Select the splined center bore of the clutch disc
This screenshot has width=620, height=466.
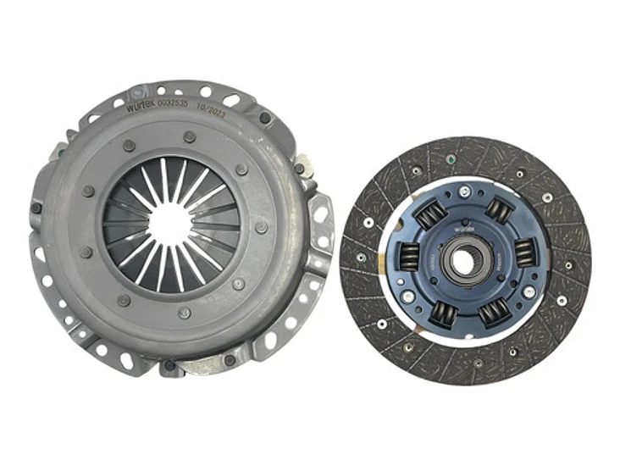(x=463, y=261)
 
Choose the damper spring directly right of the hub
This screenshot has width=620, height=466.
(x=523, y=252)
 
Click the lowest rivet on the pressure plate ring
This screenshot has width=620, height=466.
(x=185, y=313)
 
